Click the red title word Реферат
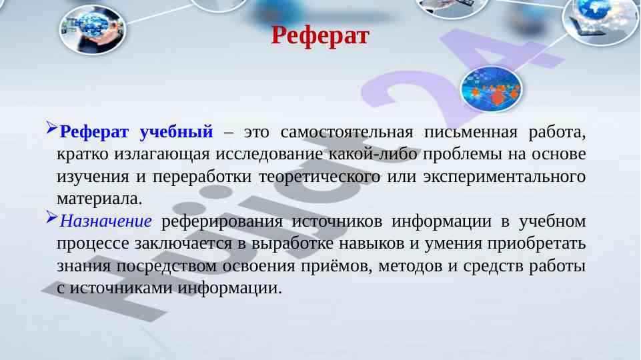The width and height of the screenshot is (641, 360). pos(320,35)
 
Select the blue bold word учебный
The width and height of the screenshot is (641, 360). pos(176,131)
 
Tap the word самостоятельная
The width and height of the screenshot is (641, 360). pos(347,131)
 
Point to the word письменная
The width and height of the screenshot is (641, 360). pos(470,131)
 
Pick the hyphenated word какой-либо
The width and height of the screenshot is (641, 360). pos(373,154)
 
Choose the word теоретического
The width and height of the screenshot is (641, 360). pos(319,177)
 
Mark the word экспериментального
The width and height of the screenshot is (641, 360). pos(504,177)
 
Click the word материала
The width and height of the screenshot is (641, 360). pos(99,199)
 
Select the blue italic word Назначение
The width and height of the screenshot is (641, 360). pos(106,221)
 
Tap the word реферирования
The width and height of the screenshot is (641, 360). pos(222,221)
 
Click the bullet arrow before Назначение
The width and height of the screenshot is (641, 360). pos(52,217)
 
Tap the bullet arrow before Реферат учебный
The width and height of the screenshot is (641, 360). pos(52,128)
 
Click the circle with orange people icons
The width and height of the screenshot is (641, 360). pos(491,89)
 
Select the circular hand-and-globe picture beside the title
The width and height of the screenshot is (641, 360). pos(93,29)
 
